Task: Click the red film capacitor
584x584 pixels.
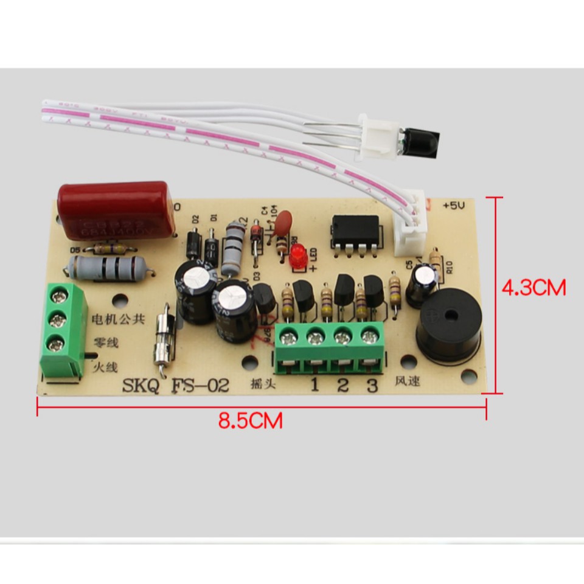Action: [x=116, y=210]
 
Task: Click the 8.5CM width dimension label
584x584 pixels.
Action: [x=250, y=420]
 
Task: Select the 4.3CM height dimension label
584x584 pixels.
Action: [x=533, y=287]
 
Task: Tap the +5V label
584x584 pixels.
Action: [x=454, y=206]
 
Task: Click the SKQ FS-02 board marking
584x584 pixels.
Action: [x=176, y=385]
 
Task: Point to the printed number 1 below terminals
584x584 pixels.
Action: [x=315, y=385]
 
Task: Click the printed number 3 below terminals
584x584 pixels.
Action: [x=371, y=385]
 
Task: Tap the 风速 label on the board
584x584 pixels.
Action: [x=408, y=382]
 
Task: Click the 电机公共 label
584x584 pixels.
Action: [x=117, y=319]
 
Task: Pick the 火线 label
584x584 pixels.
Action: [x=104, y=367]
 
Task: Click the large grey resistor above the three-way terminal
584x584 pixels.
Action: [x=107, y=268]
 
